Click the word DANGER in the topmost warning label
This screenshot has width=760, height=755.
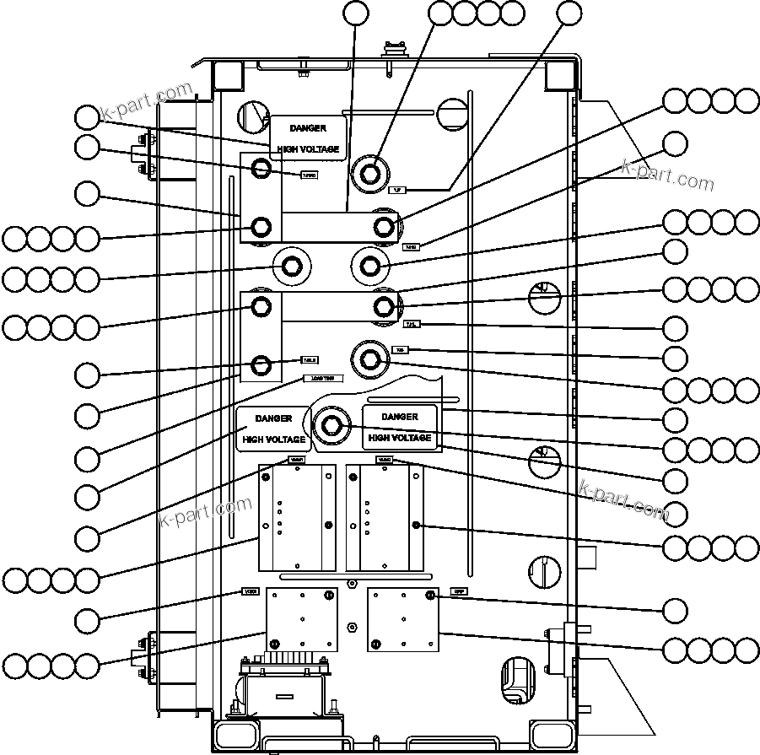coord(307,128)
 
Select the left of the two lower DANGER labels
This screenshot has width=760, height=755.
coord(273,429)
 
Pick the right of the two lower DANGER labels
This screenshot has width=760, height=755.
coord(400,427)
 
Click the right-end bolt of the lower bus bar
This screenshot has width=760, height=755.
coord(384,305)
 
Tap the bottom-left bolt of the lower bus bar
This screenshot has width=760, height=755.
coord(261,364)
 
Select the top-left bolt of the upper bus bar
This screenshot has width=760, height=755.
coord(261,170)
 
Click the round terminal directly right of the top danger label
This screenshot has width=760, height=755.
coord(370,174)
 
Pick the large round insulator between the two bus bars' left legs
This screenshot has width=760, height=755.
coord(292,267)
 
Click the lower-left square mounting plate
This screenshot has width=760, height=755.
coord(302,620)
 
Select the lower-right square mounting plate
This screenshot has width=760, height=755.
coord(403,620)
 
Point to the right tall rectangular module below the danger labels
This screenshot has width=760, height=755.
coord(384,516)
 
